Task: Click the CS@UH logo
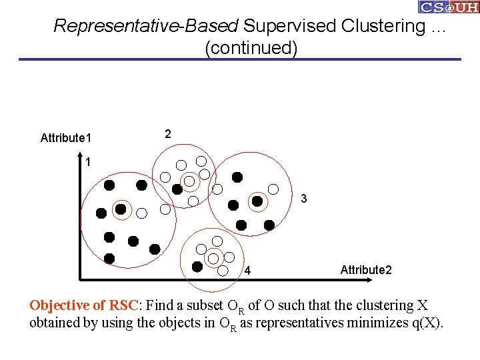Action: coord(448,7)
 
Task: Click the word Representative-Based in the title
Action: coord(146,27)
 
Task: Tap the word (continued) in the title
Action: coord(251,49)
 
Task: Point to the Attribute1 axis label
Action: coord(66,138)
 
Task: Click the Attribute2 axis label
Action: coord(366,270)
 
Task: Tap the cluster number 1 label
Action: coord(88,162)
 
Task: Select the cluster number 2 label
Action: coord(168,134)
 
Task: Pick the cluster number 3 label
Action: coord(304,199)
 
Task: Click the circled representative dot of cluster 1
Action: coord(121,209)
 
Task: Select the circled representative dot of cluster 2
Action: coord(189,181)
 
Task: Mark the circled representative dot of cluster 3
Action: coord(257,200)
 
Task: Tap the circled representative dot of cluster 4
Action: coord(213,258)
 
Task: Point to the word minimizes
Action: coord(375,324)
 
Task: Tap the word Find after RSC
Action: coord(159,306)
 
